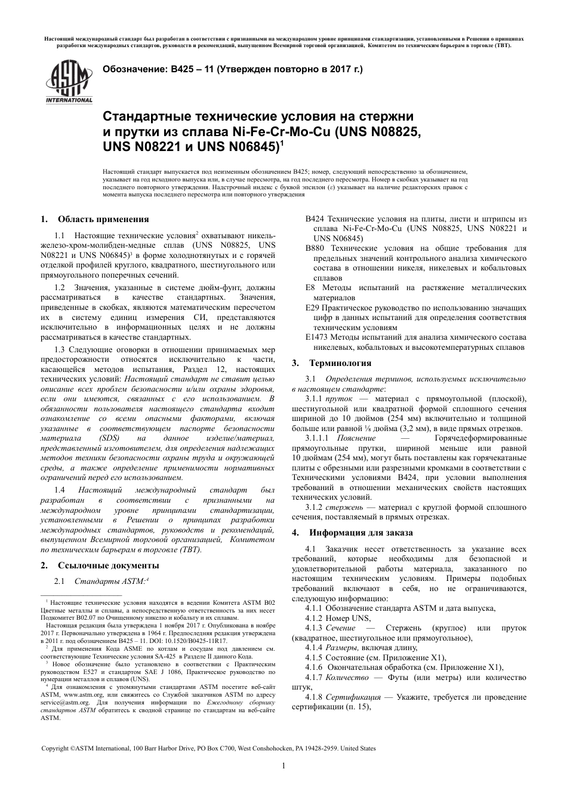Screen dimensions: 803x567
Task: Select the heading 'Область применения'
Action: tap(103, 219)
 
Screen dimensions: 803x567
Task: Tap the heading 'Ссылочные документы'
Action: tap(108, 565)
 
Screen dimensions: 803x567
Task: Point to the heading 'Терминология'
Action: tap(340, 363)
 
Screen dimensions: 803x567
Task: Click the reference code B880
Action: tap(315, 248)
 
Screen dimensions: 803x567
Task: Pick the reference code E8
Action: tap(310, 288)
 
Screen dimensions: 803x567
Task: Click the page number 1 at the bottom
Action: tap(283, 766)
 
